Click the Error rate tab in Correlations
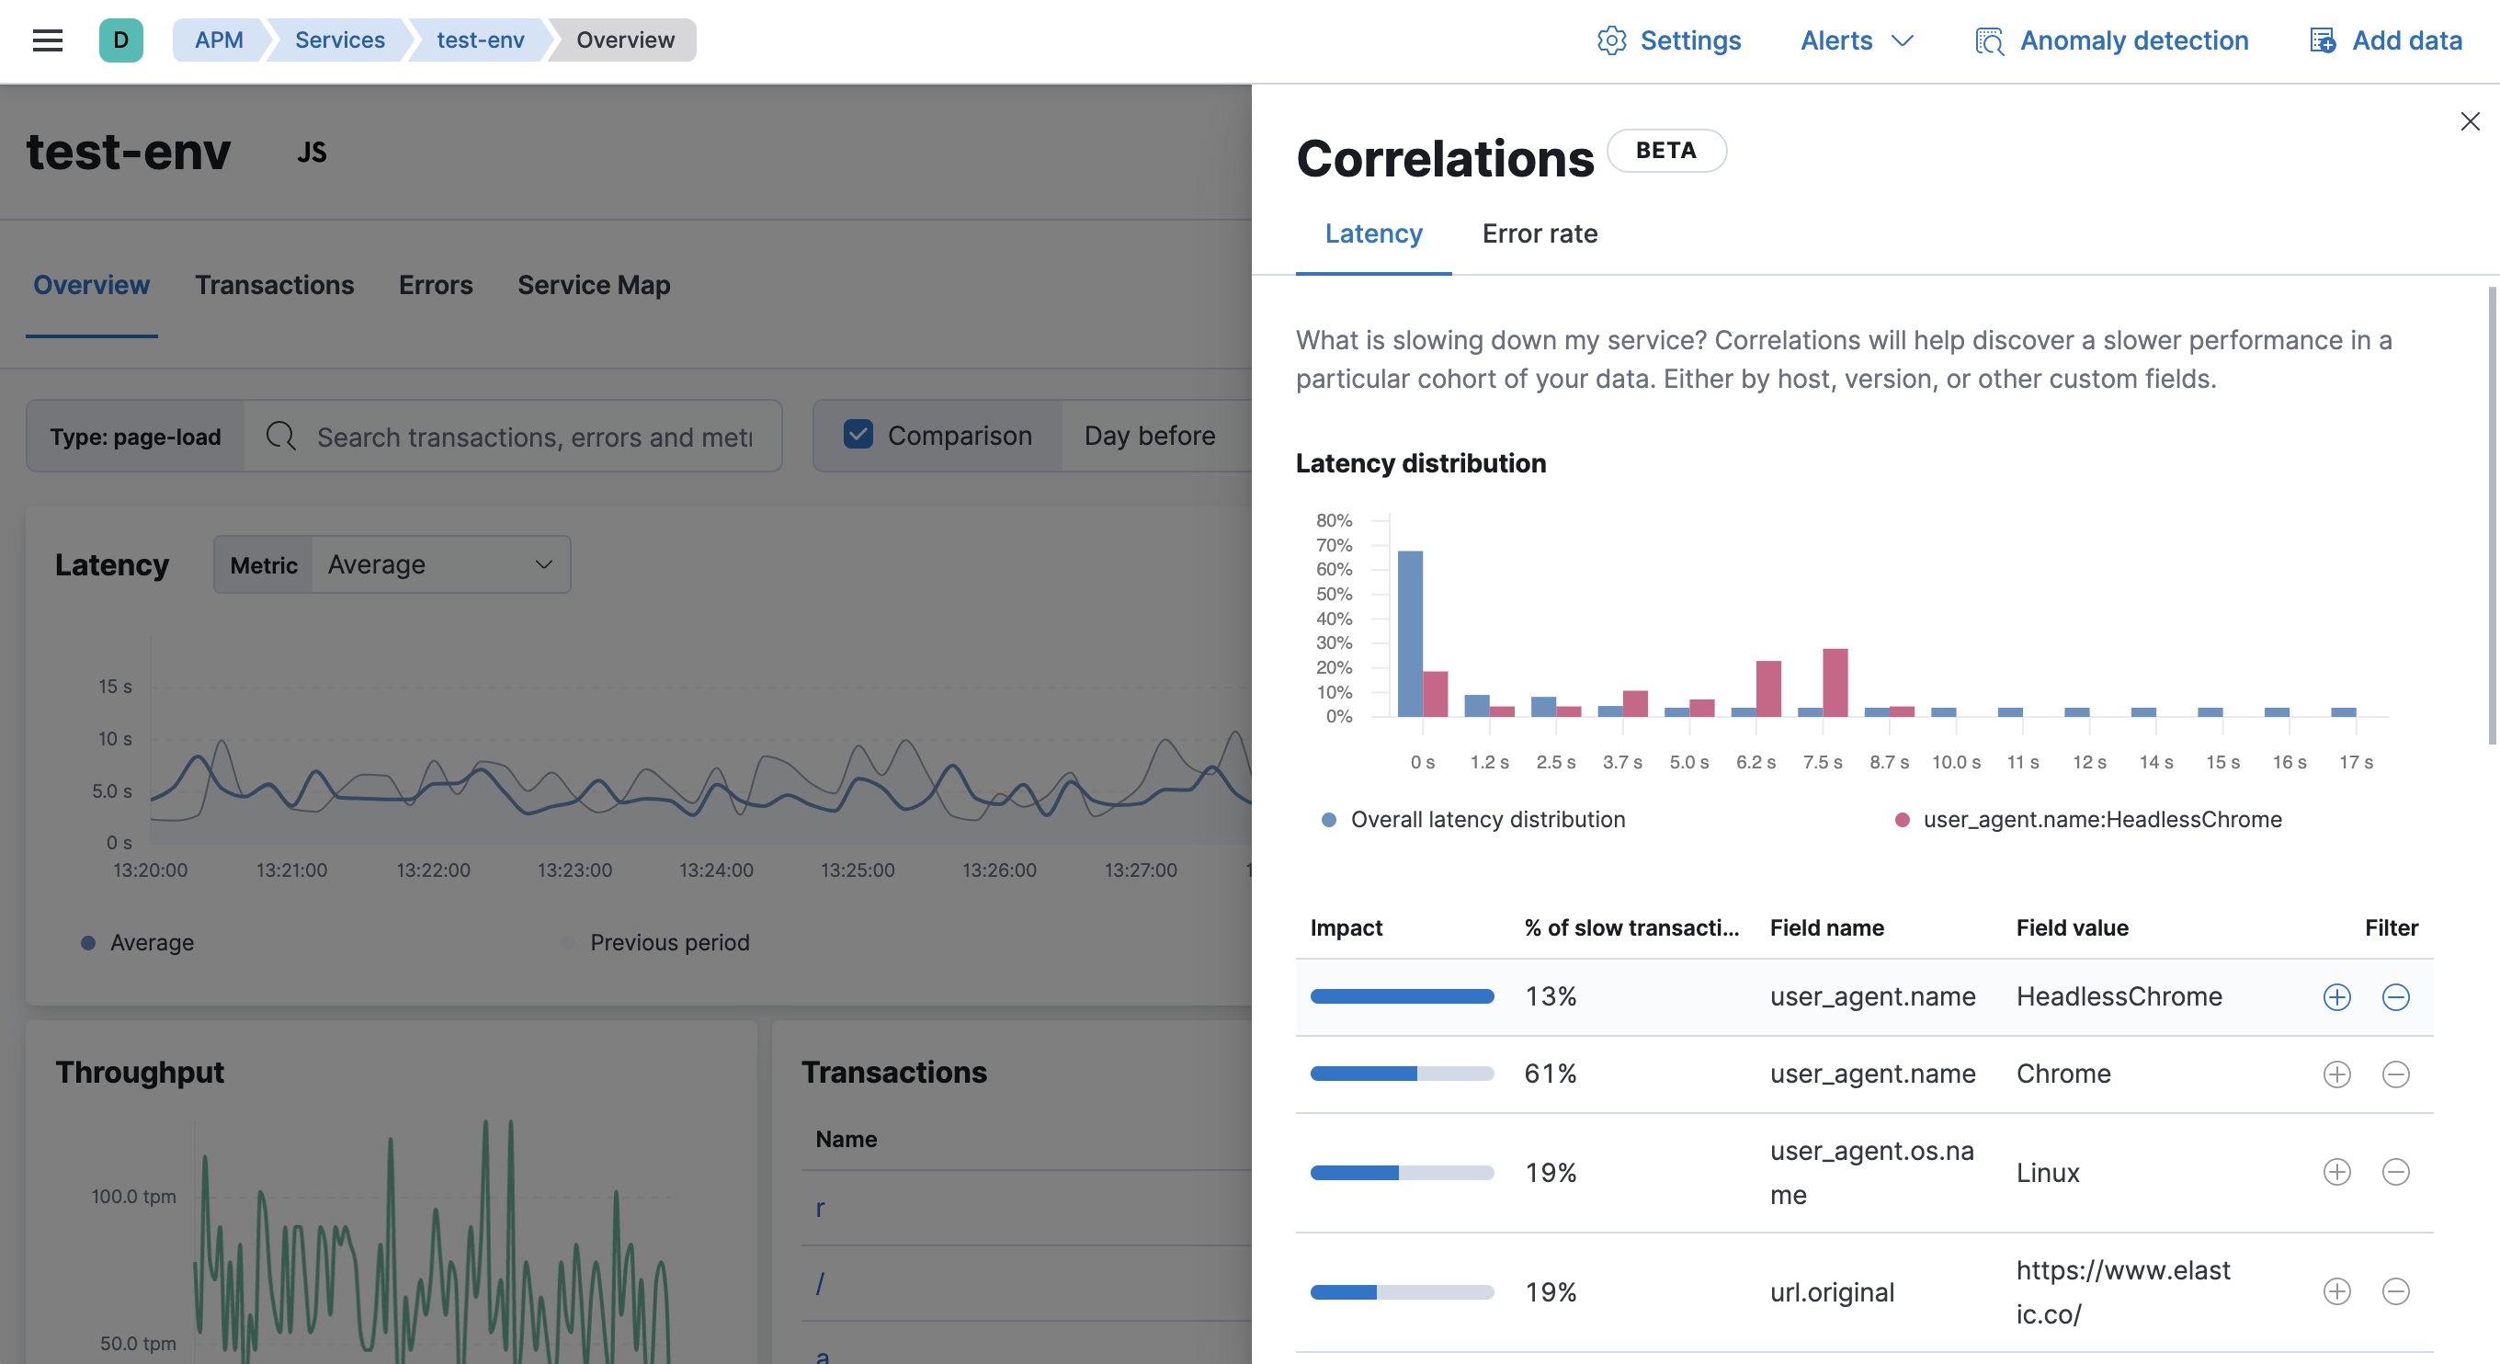tap(1540, 234)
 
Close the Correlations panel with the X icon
tap(2470, 121)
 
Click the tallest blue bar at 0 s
tap(1410, 633)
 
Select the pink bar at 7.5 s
tap(1835, 683)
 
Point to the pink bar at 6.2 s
tap(1768, 688)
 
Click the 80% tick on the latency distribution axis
tap(1335, 520)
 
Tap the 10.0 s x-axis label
tap(1956, 762)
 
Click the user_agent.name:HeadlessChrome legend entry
tap(2101, 819)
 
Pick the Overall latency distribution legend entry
tap(1487, 819)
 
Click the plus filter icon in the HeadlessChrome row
tap(2336, 997)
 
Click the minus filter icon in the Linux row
tap(2395, 1172)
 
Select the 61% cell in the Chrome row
tap(1550, 1074)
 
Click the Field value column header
tap(2072, 928)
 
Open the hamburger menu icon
tap(48, 40)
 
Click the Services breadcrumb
tap(340, 40)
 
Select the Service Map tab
tap(593, 286)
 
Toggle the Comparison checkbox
tap(858, 435)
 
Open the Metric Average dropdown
tap(438, 565)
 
